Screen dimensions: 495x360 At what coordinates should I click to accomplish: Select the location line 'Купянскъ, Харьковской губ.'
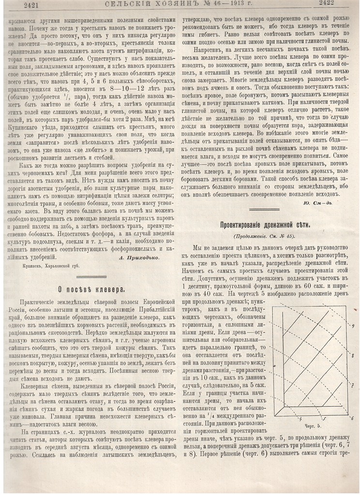click(51, 265)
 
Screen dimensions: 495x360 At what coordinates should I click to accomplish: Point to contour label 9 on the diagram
click(353, 325)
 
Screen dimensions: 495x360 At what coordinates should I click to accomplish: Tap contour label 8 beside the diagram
click(353, 355)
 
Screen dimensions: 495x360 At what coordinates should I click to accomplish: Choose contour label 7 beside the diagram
click(353, 385)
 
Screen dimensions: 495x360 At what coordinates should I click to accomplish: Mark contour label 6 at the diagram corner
click(352, 418)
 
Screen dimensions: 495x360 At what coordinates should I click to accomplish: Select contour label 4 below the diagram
click(300, 418)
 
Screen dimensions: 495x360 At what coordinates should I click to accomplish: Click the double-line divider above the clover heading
click(91, 277)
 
